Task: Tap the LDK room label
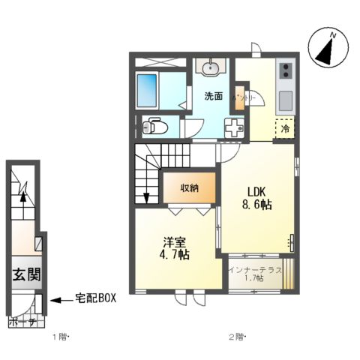(x=253, y=190)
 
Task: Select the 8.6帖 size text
(x=256, y=205)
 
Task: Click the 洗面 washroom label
(x=214, y=96)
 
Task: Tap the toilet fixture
(x=155, y=125)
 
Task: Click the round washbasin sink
(x=211, y=68)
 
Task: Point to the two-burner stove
(x=286, y=72)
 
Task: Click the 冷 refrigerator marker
(x=285, y=129)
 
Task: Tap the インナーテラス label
(x=256, y=268)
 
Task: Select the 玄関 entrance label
(x=25, y=275)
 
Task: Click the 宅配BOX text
(x=95, y=299)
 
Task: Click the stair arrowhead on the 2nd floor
(x=146, y=198)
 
